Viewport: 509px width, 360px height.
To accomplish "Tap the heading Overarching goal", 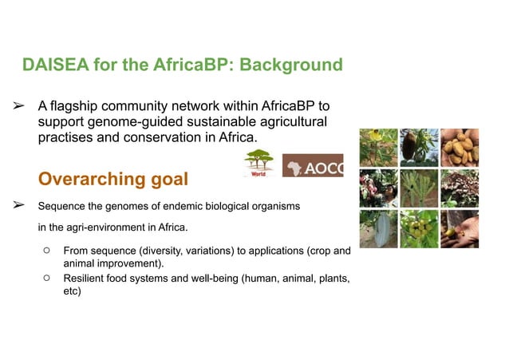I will click(x=112, y=179).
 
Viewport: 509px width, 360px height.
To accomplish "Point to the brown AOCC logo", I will click(x=313, y=165).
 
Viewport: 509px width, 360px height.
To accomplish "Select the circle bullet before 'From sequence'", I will click(x=47, y=251).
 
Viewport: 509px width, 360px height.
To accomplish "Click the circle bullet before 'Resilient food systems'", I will click(x=47, y=278).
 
